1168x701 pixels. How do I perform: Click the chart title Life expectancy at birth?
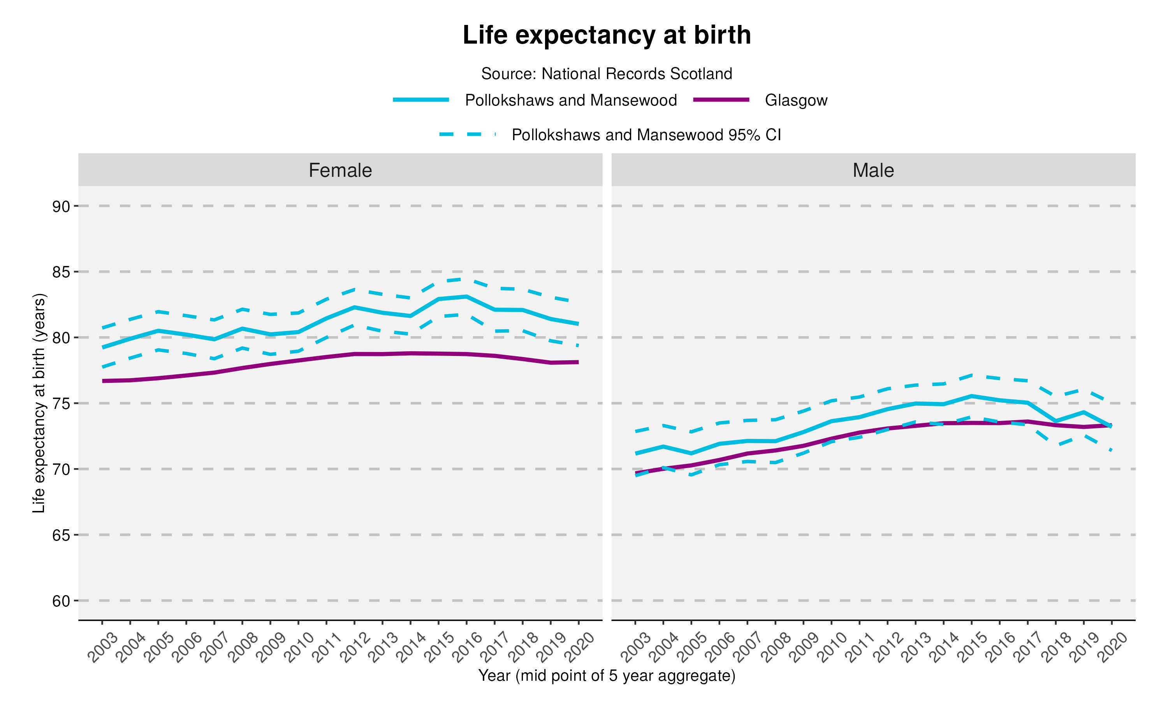pyautogui.click(x=606, y=35)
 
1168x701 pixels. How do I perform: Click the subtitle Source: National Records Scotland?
pyautogui.click(x=606, y=74)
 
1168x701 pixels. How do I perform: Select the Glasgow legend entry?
pyautogui.click(x=795, y=100)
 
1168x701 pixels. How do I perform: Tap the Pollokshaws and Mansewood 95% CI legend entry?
pyautogui.click(x=646, y=135)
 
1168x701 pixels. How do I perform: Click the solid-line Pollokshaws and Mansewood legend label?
pyautogui.click(x=570, y=100)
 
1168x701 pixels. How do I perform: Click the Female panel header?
pyautogui.click(x=340, y=170)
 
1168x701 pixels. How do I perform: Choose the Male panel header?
pyautogui.click(x=873, y=170)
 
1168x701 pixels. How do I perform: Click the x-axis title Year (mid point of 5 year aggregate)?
pyautogui.click(x=606, y=676)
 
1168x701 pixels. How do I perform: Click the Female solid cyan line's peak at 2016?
pyautogui.click(x=466, y=297)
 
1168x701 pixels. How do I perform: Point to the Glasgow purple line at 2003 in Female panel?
pyautogui.click(x=103, y=381)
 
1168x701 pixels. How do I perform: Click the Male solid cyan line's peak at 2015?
pyautogui.click(x=972, y=396)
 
